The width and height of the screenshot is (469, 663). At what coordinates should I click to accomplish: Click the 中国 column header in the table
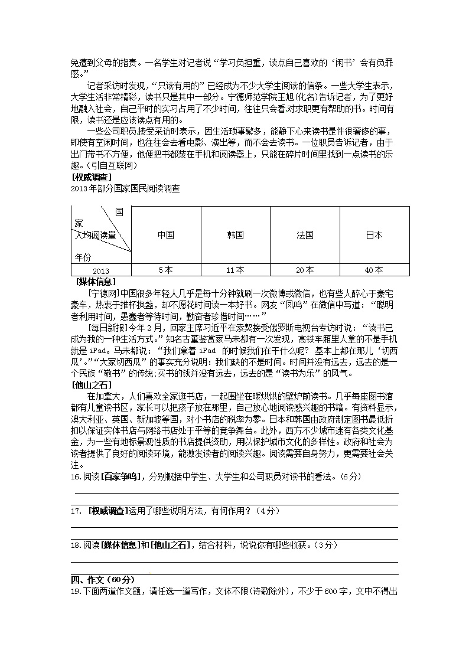pos(166,235)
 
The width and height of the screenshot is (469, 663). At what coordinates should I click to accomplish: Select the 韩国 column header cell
pos(235,235)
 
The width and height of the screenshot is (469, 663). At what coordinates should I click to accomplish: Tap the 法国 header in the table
pos(305,235)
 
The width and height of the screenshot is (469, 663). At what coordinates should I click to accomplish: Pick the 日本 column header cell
pos(374,235)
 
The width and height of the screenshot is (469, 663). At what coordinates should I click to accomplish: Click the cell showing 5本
pos(166,270)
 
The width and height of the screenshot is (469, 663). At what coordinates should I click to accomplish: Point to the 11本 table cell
pos(235,270)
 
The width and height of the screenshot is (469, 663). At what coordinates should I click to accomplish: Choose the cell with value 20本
pos(305,270)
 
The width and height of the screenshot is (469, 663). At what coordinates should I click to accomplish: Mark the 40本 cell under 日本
pos(374,270)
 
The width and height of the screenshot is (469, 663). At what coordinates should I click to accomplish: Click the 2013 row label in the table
pos(101,271)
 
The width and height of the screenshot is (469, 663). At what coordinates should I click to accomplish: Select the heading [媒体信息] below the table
pos(96,282)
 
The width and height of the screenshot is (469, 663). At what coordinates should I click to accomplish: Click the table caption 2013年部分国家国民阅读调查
pos(125,189)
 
